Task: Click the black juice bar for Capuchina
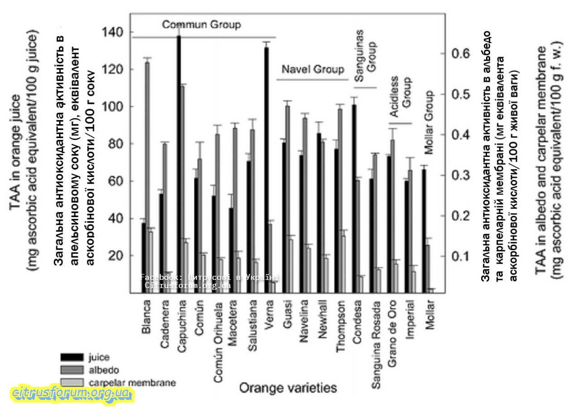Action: coord(179,163)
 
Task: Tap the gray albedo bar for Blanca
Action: coord(147,176)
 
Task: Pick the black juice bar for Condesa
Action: coord(354,199)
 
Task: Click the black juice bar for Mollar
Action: coord(424,230)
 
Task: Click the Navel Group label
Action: coord(313,70)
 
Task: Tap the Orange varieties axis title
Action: coord(288,387)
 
